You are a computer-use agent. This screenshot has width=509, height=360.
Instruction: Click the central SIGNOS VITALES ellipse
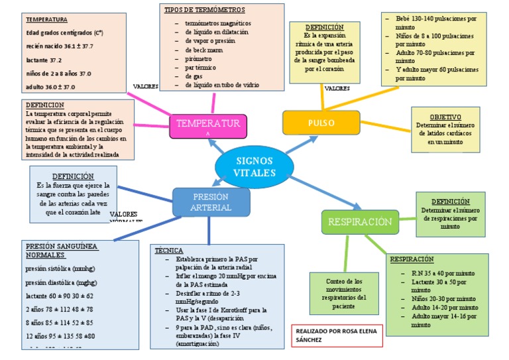tap(254, 166)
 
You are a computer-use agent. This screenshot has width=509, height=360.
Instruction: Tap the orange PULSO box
tap(321, 123)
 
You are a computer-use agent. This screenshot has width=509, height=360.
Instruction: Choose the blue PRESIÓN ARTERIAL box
tap(211, 202)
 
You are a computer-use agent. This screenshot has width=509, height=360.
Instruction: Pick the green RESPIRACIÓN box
tap(361, 222)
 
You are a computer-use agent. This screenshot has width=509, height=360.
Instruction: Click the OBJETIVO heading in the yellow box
tap(445, 117)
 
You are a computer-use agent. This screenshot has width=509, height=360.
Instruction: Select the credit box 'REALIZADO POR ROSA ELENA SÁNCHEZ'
tap(338, 335)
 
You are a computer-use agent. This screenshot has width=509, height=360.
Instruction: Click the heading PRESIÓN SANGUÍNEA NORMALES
tap(61, 251)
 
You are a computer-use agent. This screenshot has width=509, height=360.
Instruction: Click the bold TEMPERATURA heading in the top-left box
tap(46, 20)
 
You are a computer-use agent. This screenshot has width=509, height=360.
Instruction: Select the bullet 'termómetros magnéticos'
tap(217, 23)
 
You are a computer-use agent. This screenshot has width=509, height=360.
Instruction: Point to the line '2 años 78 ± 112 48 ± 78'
tap(59, 308)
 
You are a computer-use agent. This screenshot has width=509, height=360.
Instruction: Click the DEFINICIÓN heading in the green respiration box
tap(451, 201)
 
